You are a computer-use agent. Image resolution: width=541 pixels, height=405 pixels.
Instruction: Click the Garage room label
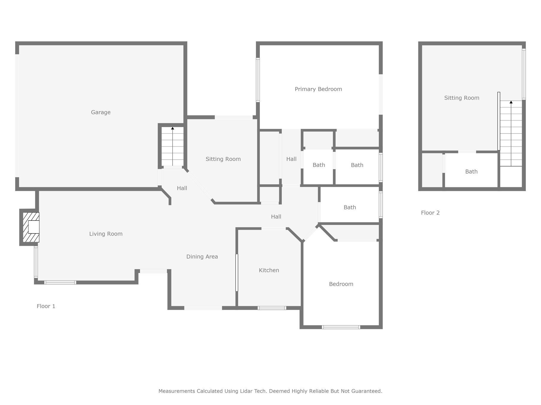pos(101,112)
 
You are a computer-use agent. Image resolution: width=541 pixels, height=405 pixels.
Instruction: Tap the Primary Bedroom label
pos(318,89)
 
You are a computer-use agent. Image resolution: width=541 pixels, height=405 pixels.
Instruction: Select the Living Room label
pos(106,234)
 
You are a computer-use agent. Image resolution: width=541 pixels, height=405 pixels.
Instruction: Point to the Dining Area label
pos(202,257)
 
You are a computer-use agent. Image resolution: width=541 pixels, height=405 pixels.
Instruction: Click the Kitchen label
pos(269,270)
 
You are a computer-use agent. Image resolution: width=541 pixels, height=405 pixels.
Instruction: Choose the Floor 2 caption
pos(430,213)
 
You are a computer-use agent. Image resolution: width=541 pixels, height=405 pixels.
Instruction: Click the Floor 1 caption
pos(46,306)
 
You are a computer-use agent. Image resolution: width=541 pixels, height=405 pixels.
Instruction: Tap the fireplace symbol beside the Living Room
pos(31,227)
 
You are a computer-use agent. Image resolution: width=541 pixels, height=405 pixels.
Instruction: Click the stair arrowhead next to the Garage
pos(172,128)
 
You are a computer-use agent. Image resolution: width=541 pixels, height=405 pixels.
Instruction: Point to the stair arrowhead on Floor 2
pos(511,102)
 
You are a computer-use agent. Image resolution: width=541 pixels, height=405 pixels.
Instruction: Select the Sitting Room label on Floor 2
pos(462,98)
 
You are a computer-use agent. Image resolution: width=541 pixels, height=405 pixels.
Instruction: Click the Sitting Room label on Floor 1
pos(223,159)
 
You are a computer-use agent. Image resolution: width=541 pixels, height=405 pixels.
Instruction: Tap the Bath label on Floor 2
pos(471,171)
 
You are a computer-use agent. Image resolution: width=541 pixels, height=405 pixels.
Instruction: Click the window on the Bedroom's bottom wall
pos(341,327)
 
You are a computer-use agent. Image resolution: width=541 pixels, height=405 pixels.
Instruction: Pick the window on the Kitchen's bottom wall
pos(272,308)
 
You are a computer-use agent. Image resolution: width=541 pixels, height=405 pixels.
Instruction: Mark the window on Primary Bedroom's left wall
pos(258,80)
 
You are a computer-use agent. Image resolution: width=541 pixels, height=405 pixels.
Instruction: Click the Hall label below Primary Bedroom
pos(291,159)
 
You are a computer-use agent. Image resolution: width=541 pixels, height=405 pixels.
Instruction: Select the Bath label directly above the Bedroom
pos(350,207)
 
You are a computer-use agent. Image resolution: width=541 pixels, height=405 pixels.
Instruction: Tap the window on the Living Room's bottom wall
pos(60,282)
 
